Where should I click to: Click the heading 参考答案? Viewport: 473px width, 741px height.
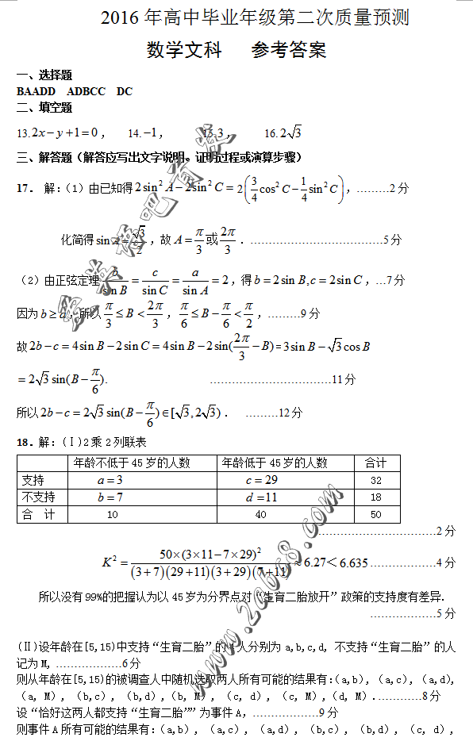pos(289,51)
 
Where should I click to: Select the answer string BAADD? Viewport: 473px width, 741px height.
pos(37,91)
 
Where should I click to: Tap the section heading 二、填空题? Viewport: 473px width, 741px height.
pos(44,107)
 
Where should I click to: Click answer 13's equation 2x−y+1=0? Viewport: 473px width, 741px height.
pos(63,132)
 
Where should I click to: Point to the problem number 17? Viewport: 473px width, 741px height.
pos(25,188)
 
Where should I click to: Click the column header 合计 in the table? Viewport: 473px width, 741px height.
pos(375,463)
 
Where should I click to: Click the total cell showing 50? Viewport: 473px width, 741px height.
pos(375,515)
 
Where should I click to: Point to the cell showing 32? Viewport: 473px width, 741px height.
pos(375,480)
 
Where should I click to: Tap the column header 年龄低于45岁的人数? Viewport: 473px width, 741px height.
pos(275,463)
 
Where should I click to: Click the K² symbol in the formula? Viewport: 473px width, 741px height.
pos(110,562)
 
